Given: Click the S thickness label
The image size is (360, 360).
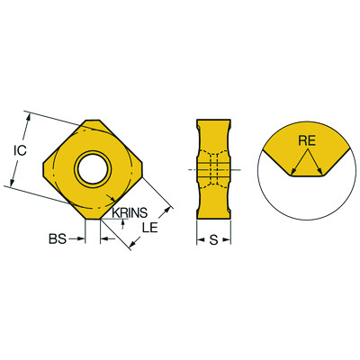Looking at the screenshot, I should [x=214, y=239].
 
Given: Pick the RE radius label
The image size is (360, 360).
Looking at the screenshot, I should [x=305, y=140].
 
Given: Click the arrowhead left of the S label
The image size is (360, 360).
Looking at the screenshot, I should [x=200, y=239].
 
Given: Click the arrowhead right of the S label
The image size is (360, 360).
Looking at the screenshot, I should [x=229, y=239].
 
